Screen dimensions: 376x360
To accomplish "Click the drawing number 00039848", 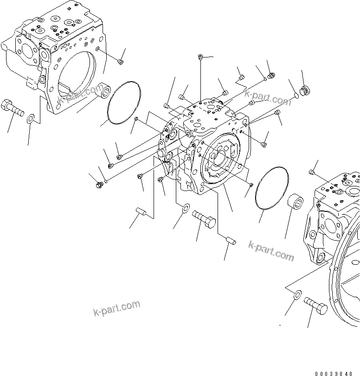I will [337, 373].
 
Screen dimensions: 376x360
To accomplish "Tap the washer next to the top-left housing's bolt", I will [30, 118].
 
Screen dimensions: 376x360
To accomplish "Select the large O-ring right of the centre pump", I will [271, 188].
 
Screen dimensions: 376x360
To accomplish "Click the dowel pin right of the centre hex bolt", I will [231, 240].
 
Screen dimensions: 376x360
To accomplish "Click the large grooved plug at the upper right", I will [304, 90].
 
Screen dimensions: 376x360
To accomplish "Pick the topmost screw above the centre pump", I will [199, 57].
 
